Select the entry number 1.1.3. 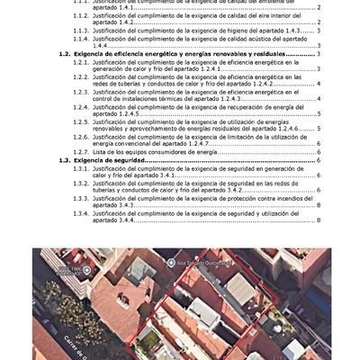pos(81,31)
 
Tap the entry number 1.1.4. pos(81,40)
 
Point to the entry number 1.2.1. pos(81,63)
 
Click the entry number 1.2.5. pos(81,121)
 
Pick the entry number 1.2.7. pos(81,152)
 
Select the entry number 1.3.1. pos(81,168)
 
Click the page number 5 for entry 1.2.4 pos(319,114)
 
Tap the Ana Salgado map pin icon pos(171,263)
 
